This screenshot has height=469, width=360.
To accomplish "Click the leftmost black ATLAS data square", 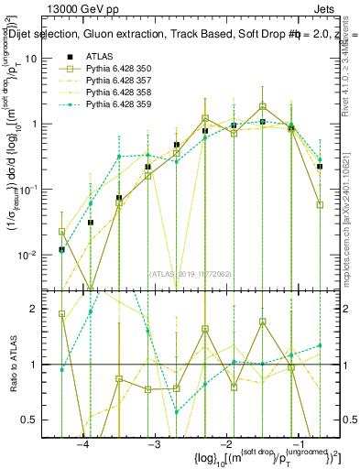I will pyautogui.click(x=61, y=249).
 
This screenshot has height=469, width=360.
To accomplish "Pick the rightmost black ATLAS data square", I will pyautogui.click(x=320, y=167).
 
